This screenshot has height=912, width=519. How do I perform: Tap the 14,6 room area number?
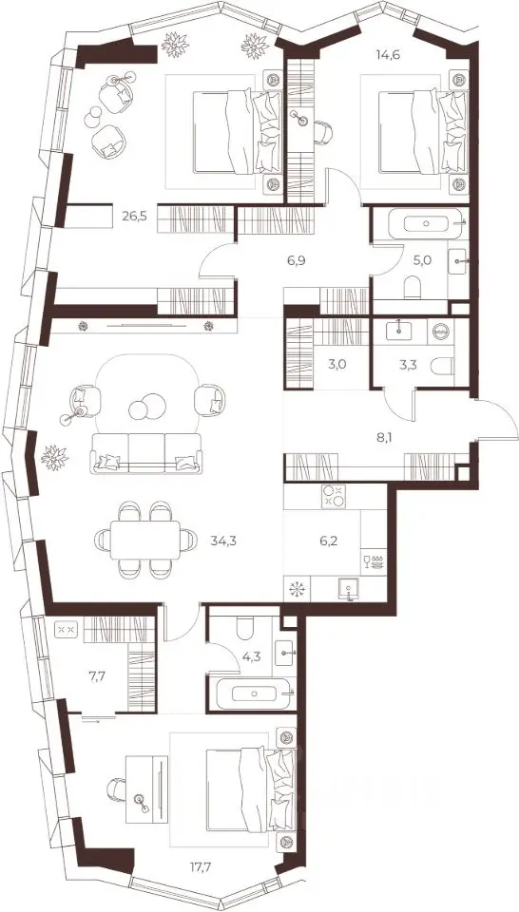tap(390, 56)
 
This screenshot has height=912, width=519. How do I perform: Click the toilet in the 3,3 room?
tap(443, 365)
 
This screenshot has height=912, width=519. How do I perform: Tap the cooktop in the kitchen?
tap(334, 497)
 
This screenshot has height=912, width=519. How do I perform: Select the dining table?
tap(145, 540)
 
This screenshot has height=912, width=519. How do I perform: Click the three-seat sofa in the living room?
tap(146, 453)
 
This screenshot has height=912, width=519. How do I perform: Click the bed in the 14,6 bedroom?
tap(416, 131)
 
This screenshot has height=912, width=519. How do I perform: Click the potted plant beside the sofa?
tap(55, 457)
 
